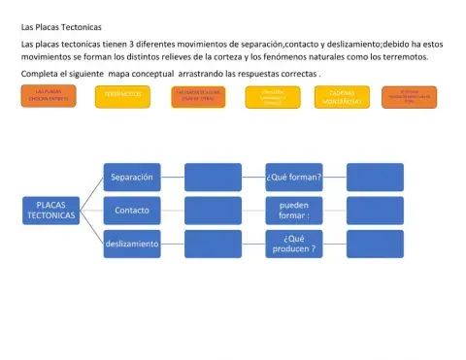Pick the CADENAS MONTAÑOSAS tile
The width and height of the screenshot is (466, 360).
343,98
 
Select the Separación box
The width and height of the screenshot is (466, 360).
132,178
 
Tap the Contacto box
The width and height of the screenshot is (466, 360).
132,210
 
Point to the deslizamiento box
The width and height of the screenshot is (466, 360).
132,244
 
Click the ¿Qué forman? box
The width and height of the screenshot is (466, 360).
294,178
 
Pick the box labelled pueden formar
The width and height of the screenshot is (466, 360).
294,210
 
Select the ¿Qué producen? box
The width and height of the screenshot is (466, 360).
294,244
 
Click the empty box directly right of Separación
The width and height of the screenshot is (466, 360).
214,178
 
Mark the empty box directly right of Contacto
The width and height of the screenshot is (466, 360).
214,210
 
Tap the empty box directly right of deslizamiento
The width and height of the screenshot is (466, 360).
214,244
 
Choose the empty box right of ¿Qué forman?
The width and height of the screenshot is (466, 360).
375,178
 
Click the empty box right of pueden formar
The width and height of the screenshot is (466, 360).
375,210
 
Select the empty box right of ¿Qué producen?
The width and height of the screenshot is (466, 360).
375,244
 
